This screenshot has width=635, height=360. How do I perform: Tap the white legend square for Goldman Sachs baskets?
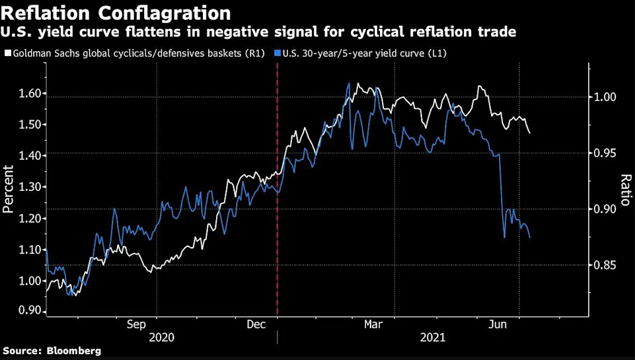click(x=7, y=52)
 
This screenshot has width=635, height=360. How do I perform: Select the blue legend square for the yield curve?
click(x=278, y=52)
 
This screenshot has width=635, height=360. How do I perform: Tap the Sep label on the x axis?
click(x=136, y=324)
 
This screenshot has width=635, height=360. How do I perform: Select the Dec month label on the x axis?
click(x=256, y=324)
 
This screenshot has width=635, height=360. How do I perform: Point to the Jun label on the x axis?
click(x=498, y=324)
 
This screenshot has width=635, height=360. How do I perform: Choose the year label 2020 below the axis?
click(x=163, y=338)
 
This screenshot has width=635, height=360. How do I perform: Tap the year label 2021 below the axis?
click(x=432, y=338)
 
